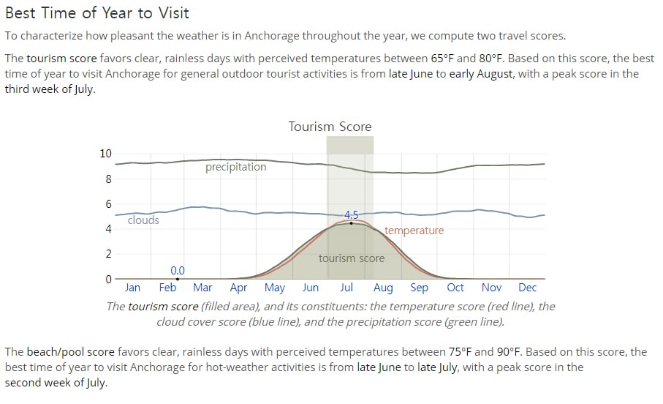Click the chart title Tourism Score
point(330,127)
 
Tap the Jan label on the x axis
point(132,288)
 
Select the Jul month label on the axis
point(346,288)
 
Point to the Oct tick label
point(455,288)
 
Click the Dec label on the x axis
point(527,288)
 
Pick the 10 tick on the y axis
point(106,153)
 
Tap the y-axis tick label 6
point(109,203)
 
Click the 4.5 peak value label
point(351,214)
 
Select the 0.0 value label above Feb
point(178,271)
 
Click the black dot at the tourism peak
point(351,223)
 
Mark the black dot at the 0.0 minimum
point(178,279)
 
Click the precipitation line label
point(236,168)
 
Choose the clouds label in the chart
point(143,220)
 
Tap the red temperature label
point(414,231)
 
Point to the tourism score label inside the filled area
point(352,258)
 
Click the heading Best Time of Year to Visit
point(96,13)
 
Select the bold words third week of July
point(50,89)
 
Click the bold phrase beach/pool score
point(71,352)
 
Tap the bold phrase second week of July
point(56,383)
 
